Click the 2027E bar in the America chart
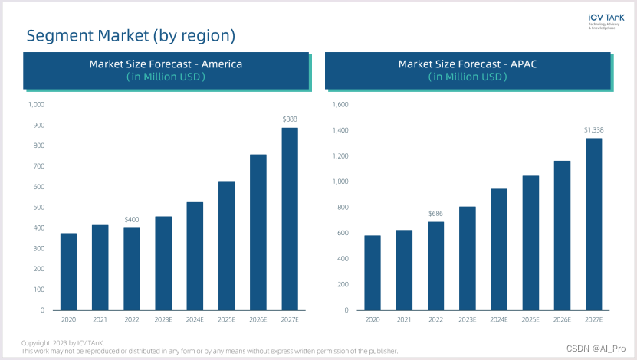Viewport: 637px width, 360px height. pyautogui.click(x=289, y=218)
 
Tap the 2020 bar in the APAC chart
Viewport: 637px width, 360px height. pyautogui.click(x=373, y=272)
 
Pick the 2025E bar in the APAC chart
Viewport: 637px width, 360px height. pyautogui.click(x=530, y=242)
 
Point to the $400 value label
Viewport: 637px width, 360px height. pyautogui.click(x=132, y=220)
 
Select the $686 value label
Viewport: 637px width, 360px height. pyautogui.click(x=436, y=213)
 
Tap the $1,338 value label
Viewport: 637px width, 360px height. pyautogui.click(x=593, y=129)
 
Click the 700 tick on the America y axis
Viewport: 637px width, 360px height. pyautogui.click(x=37, y=166)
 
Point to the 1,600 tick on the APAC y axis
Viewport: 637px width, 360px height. pyautogui.click(x=340, y=105)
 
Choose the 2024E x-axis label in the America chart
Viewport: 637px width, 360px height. pyautogui.click(x=195, y=319)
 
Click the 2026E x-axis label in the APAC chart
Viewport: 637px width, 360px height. pyautogui.click(x=562, y=319)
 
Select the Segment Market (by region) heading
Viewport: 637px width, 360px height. pyautogui.click(x=130, y=35)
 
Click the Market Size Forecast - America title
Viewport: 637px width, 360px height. pyautogui.click(x=166, y=64)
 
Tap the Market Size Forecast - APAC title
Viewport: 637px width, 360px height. pyautogui.click(x=467, y=64)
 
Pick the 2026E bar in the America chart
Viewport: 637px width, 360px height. pyautogui.click(x=258, y=231)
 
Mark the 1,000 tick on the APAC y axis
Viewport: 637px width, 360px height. pyautogui.click(x=340, y=182)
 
